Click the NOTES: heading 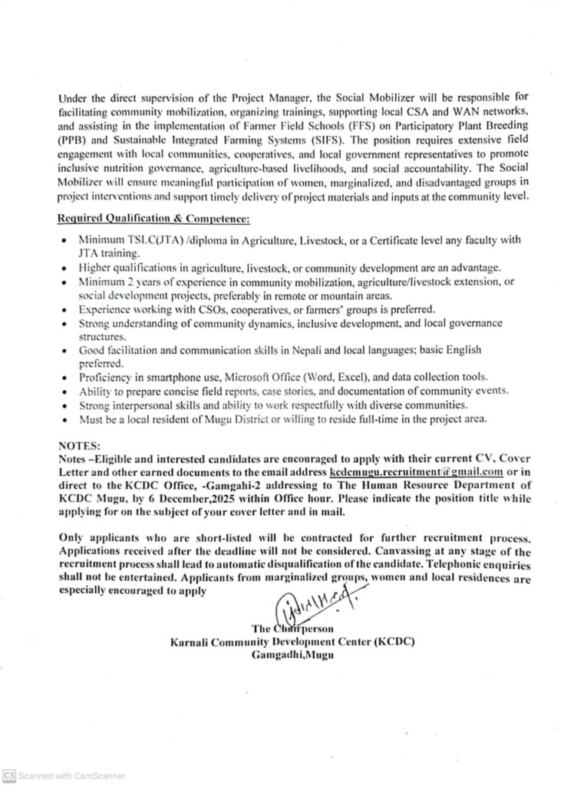tap(81, 444)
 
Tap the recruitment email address tap(416, 472)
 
